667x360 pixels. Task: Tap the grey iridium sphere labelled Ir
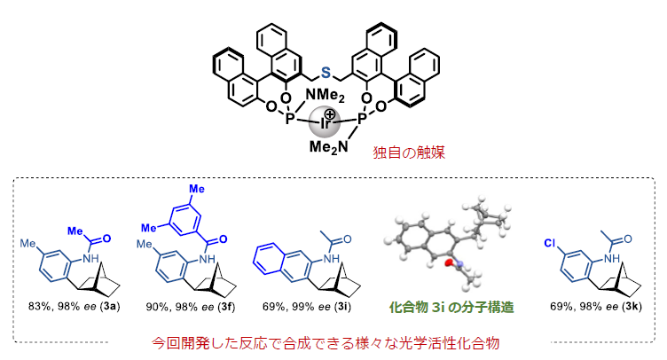click(324, 123)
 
